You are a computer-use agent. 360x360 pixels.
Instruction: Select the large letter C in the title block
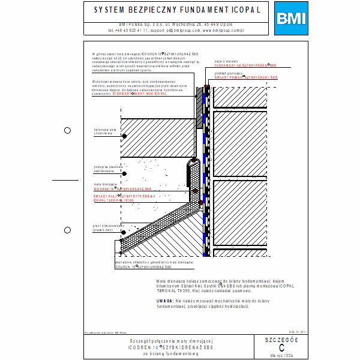(x=281, y=347)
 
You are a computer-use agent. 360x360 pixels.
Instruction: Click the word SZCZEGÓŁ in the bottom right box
(x=281, y=339)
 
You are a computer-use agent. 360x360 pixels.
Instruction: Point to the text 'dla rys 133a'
(x=281, y=355)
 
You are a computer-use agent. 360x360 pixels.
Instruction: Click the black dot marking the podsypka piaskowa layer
(x=124, y=173)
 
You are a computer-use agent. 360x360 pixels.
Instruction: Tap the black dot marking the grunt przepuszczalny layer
(x=124, y=232)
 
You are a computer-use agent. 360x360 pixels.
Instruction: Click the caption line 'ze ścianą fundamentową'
(x=172, y=354)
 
